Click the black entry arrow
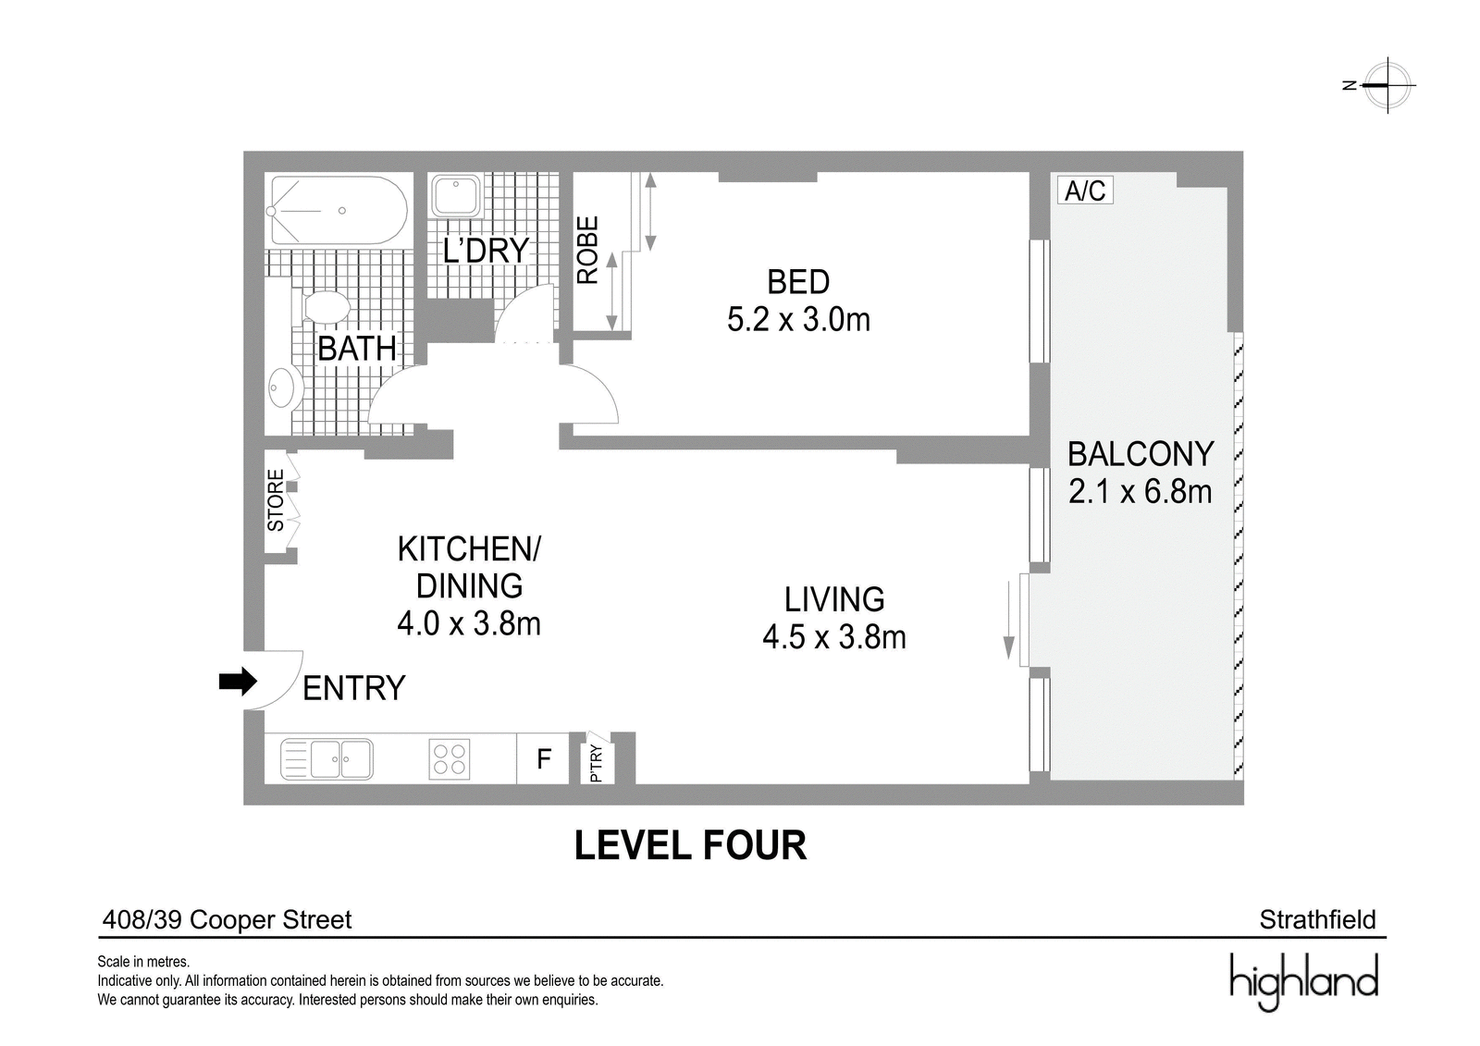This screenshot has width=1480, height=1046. click(x=238, y=682)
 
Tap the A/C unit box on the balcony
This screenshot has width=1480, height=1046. click(x=1085, y=191)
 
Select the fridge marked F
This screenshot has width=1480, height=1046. click(x=543, y=758)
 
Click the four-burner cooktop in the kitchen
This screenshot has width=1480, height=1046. click(x=450, y=757)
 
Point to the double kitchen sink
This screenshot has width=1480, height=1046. click(x=327, y=758)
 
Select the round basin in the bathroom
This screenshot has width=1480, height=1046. click(x=283, y=390)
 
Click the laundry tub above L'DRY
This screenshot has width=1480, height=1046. click(x=456, y=195)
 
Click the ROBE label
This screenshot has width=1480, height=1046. click(x=586, y=250)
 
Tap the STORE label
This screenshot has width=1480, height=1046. click(x=275, y=500)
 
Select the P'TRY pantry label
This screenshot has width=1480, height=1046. click(x=596, y=763)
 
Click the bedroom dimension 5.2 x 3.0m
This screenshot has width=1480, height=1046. click(x=798, y=320)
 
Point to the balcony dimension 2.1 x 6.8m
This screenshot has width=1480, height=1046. click(x=1140, y=492)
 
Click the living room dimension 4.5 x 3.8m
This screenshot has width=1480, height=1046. click(x=833, y=637)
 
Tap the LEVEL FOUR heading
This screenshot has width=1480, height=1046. click(x=690, y=845)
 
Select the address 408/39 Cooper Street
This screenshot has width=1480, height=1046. click(x=227, y=920)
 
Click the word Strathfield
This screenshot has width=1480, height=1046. click(x=1317, y=920)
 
